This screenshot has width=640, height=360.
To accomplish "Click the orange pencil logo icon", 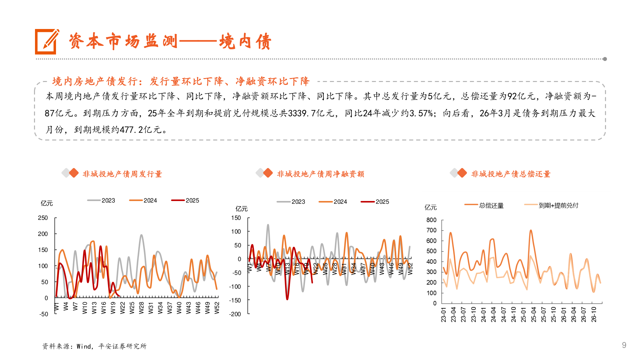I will click(47, 42).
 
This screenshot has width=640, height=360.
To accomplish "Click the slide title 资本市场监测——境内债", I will click(170, 42).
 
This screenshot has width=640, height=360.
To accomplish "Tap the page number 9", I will click(624, 345).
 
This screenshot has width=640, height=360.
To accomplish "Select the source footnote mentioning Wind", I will click(94, 346).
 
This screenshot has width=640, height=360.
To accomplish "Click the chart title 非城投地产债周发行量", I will click(122, 174).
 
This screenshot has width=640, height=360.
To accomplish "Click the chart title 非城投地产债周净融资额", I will click(320, 174).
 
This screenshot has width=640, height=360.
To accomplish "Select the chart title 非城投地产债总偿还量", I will click(511, 174).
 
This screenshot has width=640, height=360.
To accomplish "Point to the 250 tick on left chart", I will click(43, 218).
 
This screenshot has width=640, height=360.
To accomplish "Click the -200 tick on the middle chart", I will click(235, 314).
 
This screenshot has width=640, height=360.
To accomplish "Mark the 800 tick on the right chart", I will click(431, 220).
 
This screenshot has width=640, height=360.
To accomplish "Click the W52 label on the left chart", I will click(217, 308).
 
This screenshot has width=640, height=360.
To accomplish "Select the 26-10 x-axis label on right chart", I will click(594, 314).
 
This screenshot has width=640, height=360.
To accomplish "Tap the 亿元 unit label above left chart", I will click(47, 203).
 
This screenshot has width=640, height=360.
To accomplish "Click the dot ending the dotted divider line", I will click(605, 59).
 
